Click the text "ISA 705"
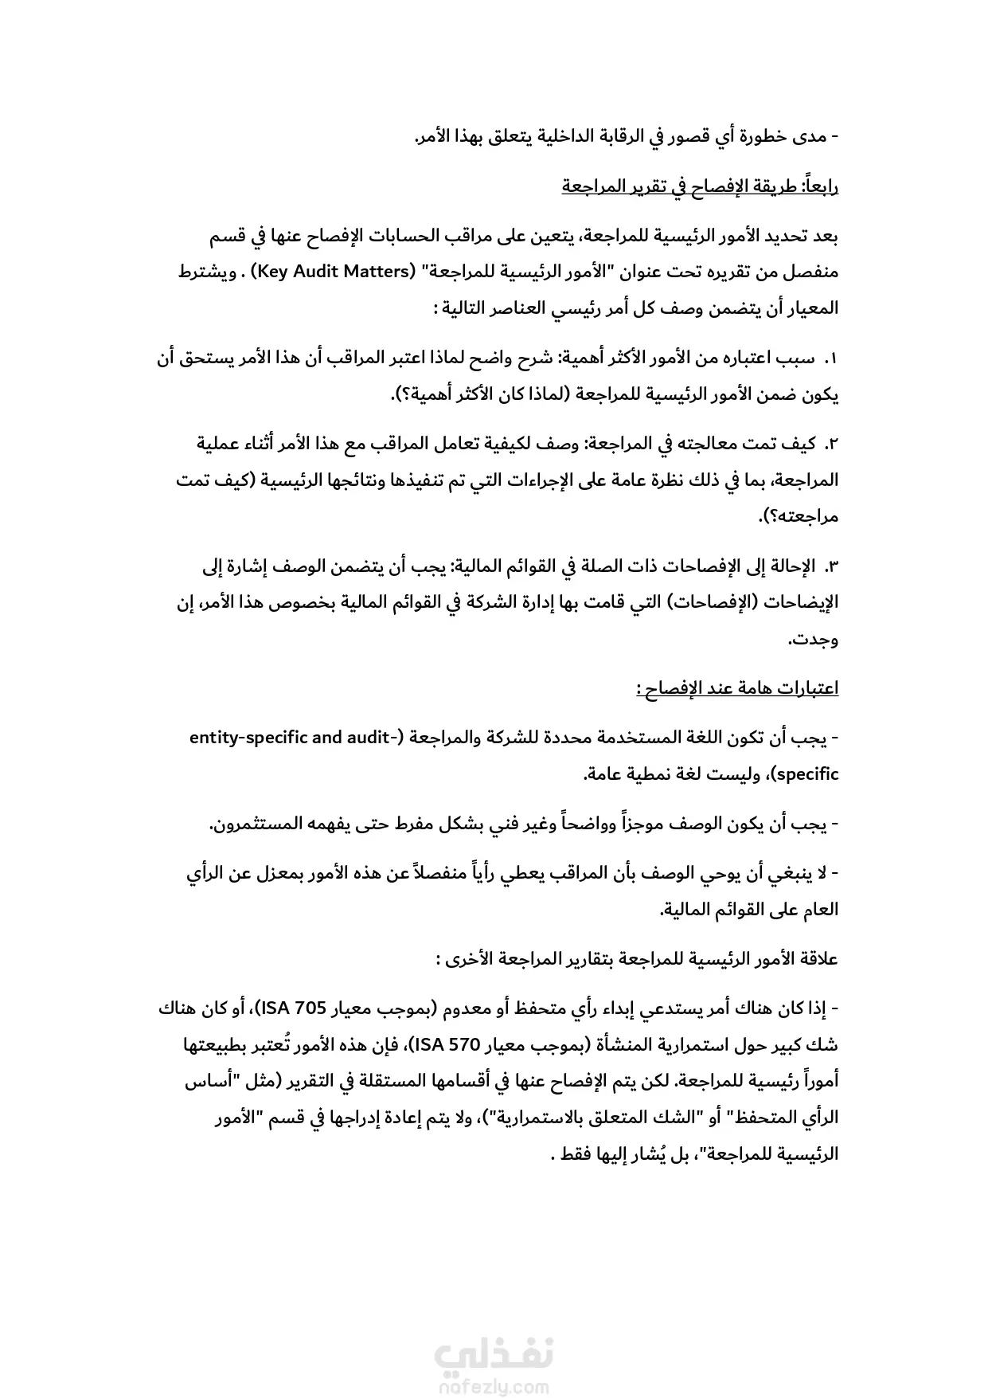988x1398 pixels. pos(295,1008)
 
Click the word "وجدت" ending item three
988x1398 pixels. pos(816,640)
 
